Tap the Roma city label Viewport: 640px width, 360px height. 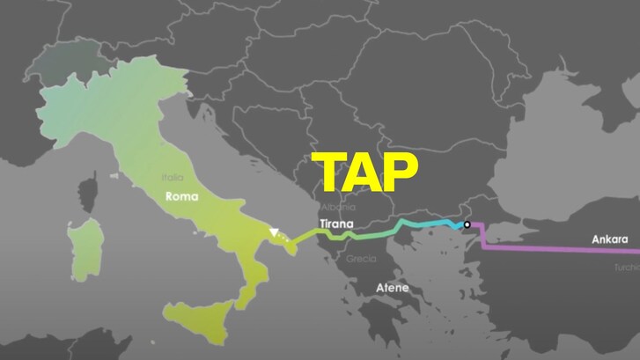point(184,197)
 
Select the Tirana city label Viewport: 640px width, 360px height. point(336,224)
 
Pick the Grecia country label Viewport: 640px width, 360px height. point(361,259)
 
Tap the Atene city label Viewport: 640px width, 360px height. point(393,287)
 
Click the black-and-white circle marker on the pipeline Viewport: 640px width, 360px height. point(467,225)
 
